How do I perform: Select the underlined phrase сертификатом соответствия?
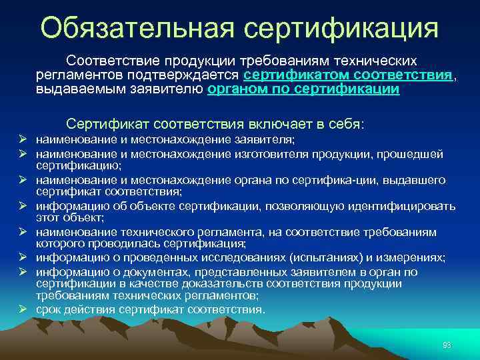349,75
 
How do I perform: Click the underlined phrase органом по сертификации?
303,89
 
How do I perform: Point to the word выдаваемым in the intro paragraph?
71,89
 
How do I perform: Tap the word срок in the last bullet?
49,309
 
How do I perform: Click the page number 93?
447,345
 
